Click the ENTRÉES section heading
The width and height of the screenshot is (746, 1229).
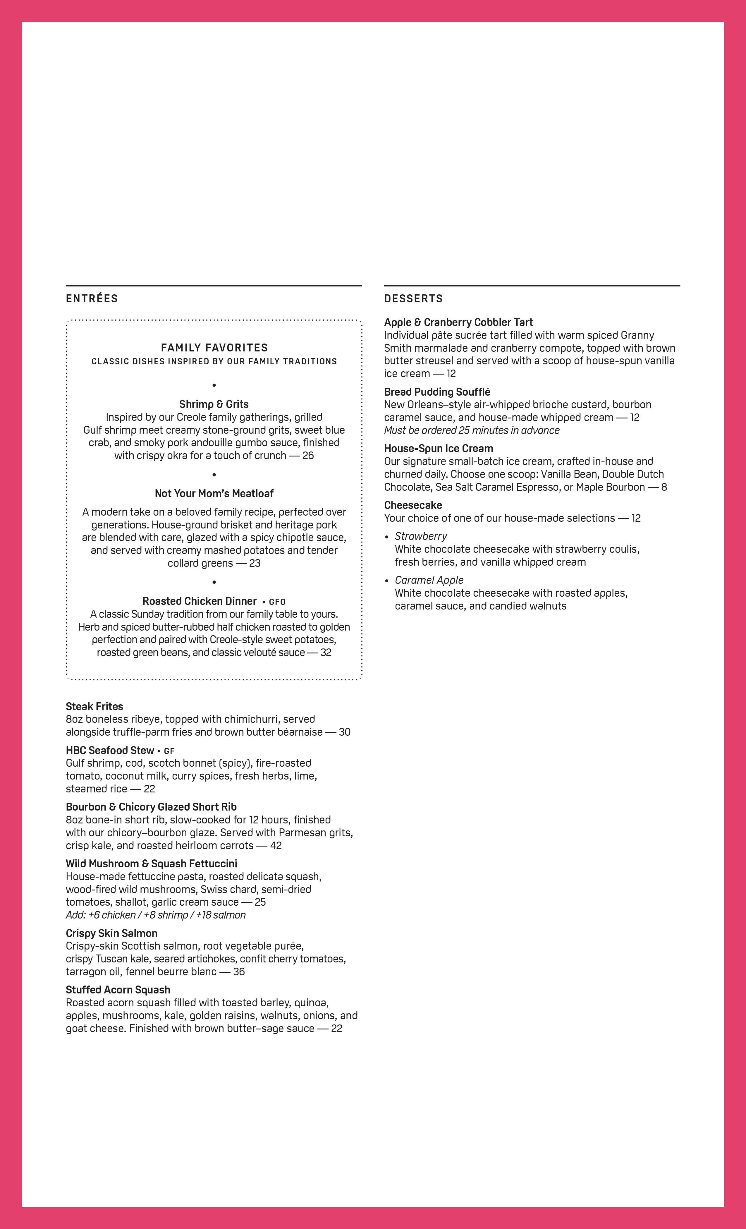(x=92, y=298)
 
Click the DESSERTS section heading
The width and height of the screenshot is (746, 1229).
(x=413, y=298)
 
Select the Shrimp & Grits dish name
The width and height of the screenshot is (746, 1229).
(x=214, y=404)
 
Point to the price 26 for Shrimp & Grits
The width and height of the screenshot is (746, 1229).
(x=308, y=455)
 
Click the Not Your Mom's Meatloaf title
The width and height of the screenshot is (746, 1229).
(x=214, y=493)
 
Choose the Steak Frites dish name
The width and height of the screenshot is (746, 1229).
(x=94, y=706)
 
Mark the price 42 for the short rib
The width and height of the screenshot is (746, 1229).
(x=276, y=845)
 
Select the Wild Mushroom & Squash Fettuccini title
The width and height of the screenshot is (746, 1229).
(x=151, y=864)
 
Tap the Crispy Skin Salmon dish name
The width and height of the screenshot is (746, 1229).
(x=111, y=933)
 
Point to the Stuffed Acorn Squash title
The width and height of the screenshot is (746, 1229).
(x=118, y=990)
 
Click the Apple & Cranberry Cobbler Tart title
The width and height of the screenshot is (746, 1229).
(x=458, y=322)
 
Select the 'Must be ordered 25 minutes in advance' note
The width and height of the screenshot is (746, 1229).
(x=471, y=430)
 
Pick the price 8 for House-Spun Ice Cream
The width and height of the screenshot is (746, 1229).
(x=664, y=487)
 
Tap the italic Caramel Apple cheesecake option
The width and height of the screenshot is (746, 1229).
(x=429, y=580)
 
